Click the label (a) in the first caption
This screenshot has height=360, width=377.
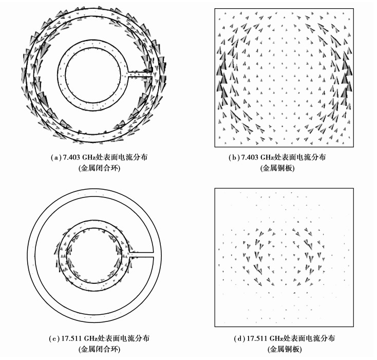[55, 157]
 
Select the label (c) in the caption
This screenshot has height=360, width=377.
[54, 338]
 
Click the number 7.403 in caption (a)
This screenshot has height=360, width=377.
[71, 157]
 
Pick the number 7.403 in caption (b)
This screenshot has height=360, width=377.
[250, 157]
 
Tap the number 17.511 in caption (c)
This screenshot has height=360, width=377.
[71, 338]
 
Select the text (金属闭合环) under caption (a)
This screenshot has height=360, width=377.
[99, 168]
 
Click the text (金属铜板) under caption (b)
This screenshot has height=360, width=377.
[277, 168]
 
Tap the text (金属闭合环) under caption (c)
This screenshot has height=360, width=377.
[99, 349]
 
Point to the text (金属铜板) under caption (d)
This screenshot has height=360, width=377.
[285, 349]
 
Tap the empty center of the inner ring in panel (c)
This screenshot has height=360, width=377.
[94, 254]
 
